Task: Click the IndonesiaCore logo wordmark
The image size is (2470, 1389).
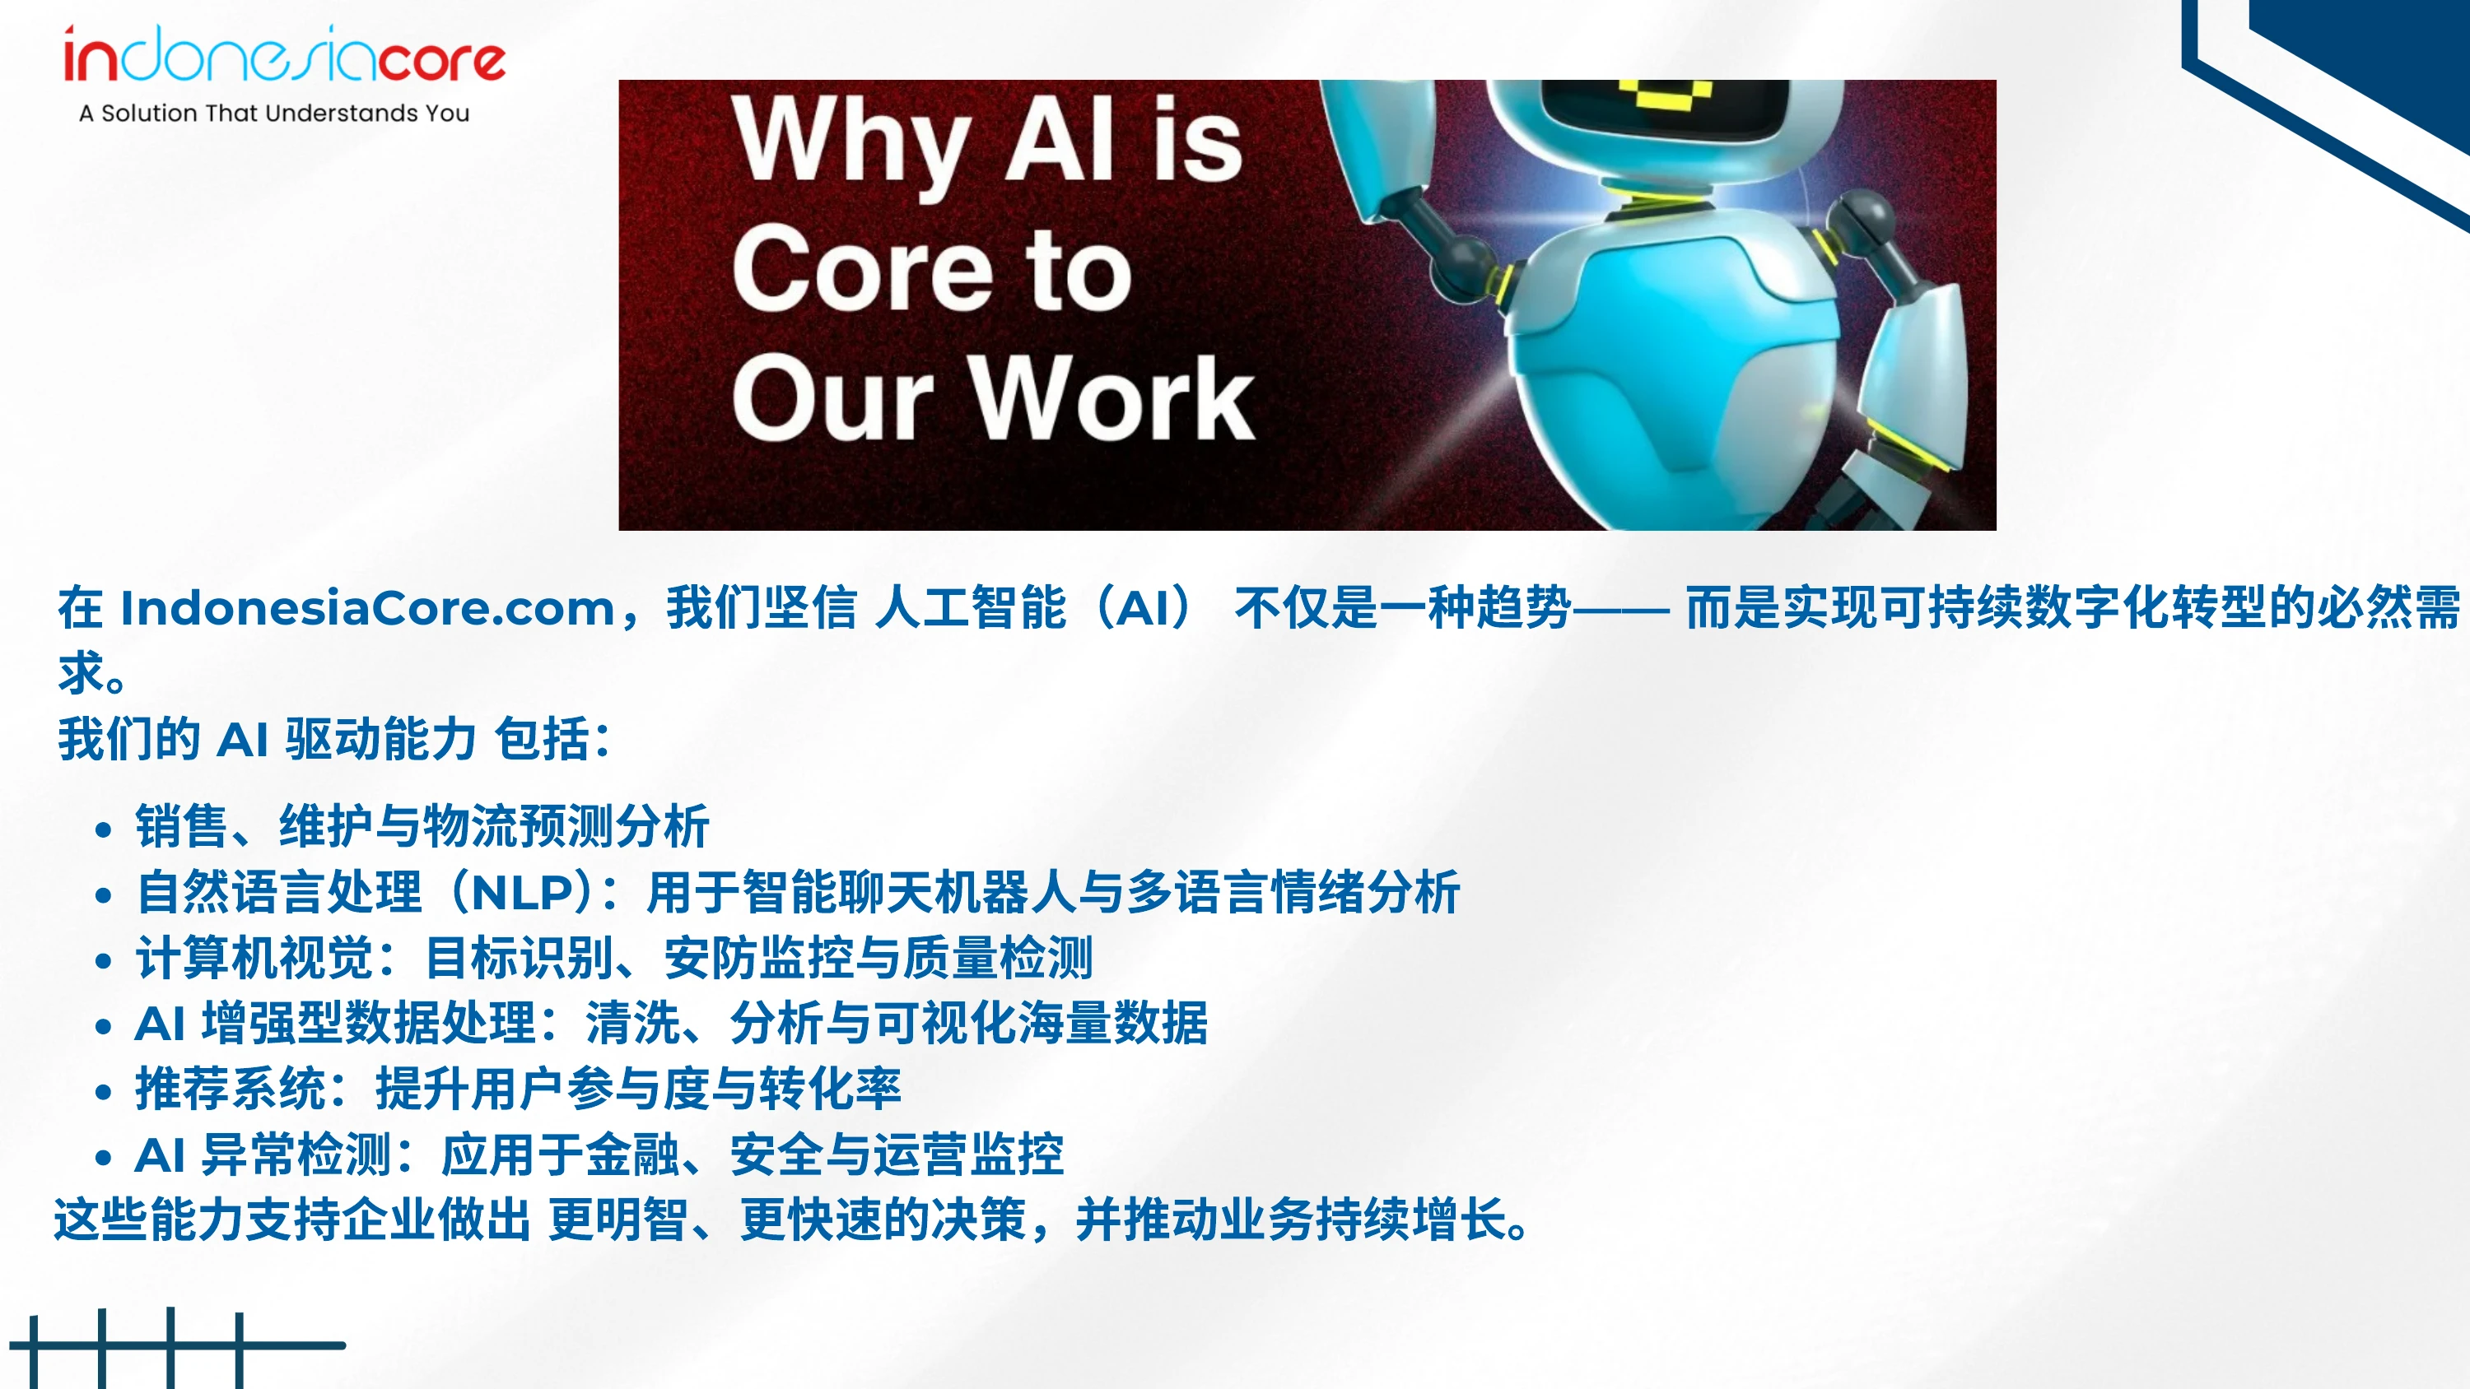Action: [284, 56]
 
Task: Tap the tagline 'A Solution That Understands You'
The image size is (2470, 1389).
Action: [274, 113]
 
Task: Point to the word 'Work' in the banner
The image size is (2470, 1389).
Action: [1113, 397]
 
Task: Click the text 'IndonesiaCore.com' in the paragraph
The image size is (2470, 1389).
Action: [367, 608]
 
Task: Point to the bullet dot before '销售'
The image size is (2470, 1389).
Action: [104, 829]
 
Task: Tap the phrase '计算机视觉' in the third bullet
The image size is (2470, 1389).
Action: [254, 958]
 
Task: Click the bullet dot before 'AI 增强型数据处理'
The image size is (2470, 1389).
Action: [104, 1025]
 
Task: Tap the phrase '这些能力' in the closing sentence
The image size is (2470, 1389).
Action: [150, 1219]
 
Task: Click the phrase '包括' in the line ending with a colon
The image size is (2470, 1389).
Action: [542, 739]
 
